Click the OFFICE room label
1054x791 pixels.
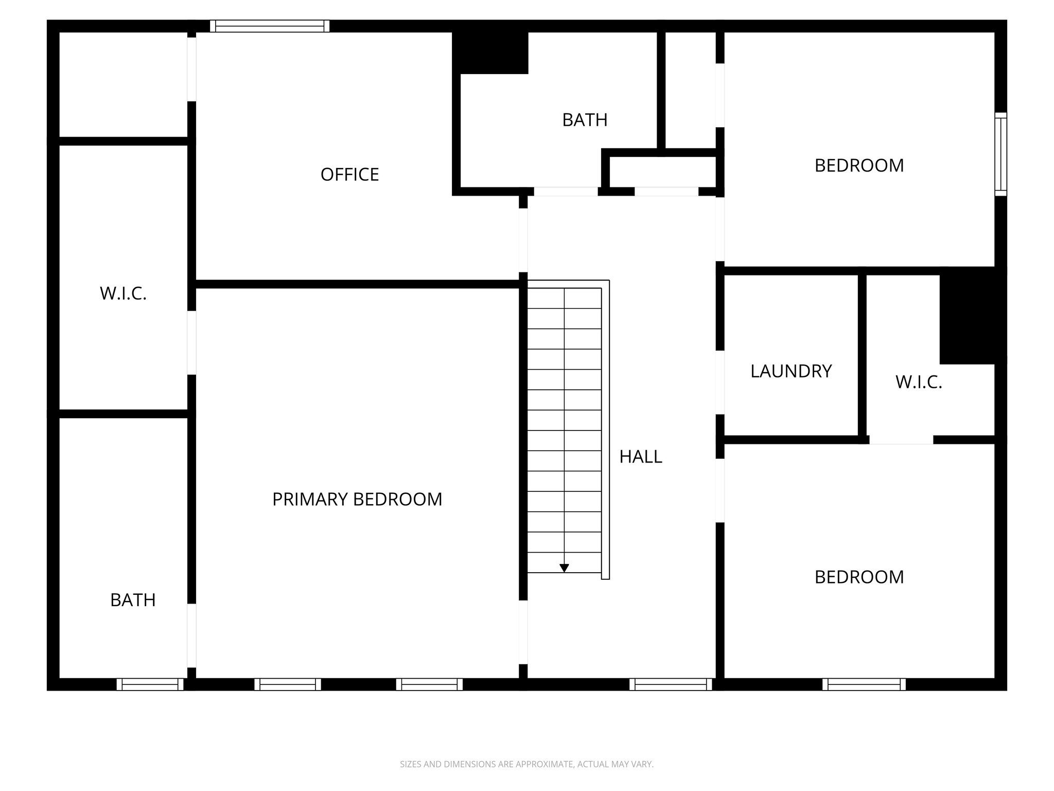click(x=349, y=175)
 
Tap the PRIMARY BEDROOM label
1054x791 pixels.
click(x=357, y=499)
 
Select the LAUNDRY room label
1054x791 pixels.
click(x=791, y=371)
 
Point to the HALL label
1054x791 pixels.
click(x=641, y=457)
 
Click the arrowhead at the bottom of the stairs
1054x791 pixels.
click(x=564, y=568)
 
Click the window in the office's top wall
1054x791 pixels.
click(x=270, y=26)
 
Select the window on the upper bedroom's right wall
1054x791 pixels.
click(x=1000, y=154)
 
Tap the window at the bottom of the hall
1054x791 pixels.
click(x=671, y=684)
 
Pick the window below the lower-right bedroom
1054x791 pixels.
click(x=864, y=684)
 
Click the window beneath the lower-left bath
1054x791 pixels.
click(x=150, y=684)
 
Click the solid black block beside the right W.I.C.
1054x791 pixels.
click(x=972, y=315)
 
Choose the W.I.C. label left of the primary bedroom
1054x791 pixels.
click(x=124, y=294)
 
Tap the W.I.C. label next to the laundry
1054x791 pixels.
click(x=919, y=382)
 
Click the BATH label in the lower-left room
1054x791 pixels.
click(x=133, y=600)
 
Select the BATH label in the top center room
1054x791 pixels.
click(x=585, y=120)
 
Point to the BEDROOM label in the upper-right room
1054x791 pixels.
click(x=859, y=166)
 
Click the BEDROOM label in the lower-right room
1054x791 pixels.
click(x=859, y=577)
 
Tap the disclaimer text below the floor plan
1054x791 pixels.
click(x=526, y=764)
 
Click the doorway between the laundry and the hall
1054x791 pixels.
click(x=720, y=382)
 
